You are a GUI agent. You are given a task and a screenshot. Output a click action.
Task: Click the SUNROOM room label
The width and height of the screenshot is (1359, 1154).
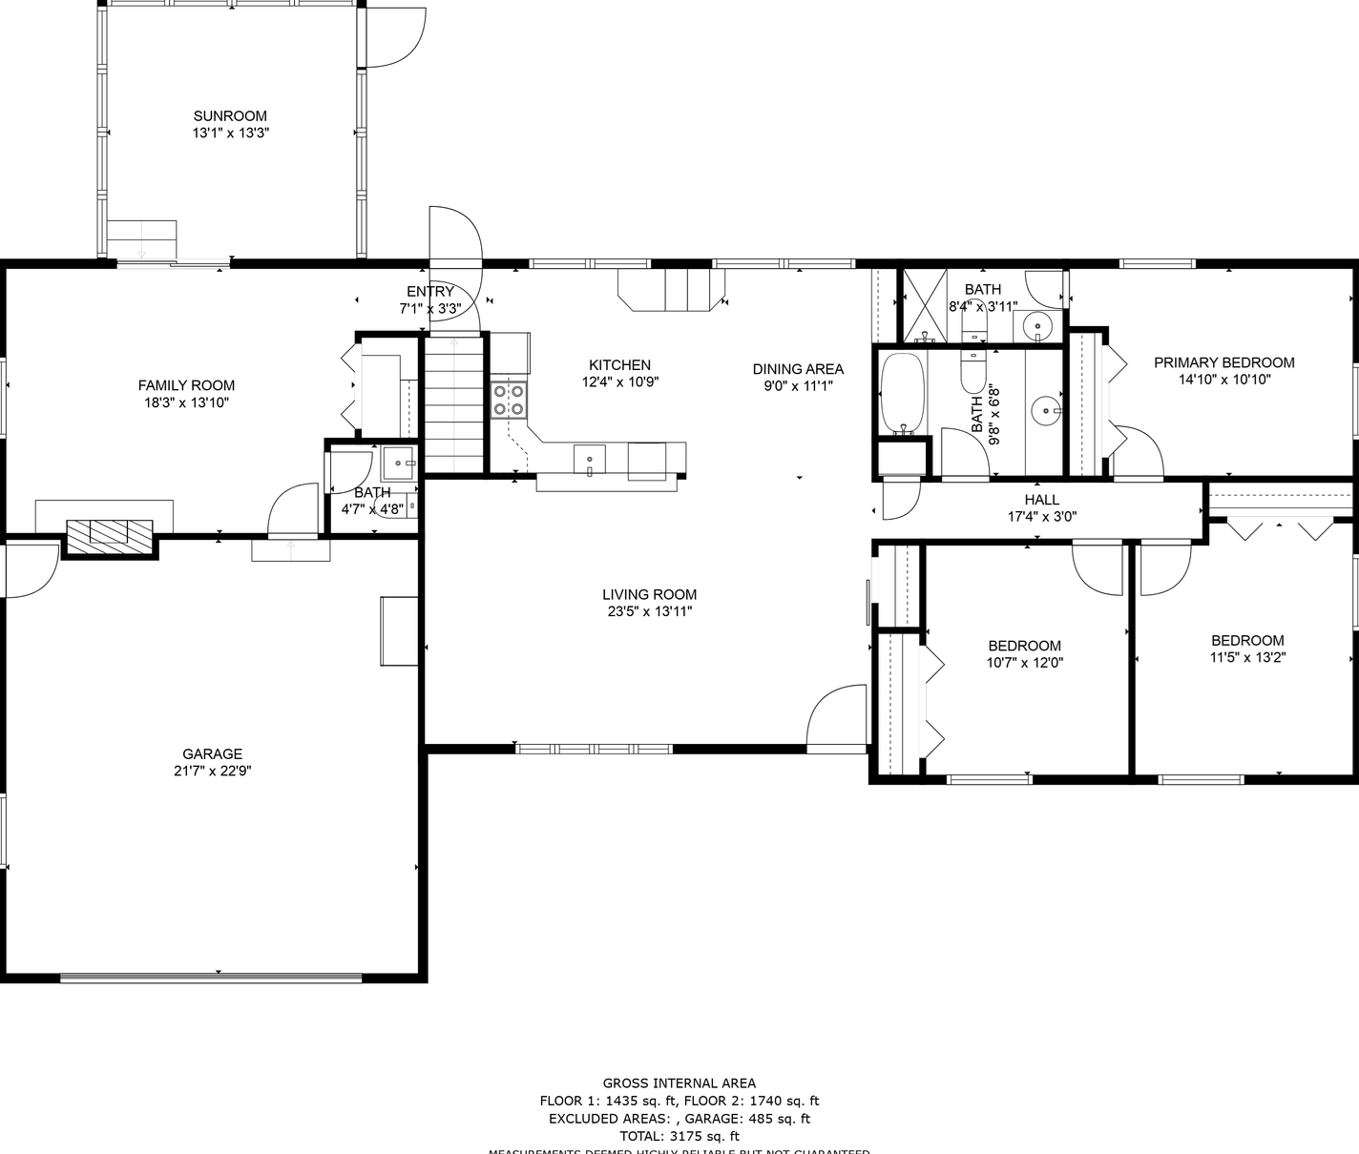tap(230, 116)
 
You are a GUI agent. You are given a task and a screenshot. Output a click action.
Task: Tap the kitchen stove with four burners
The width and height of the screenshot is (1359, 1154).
tap(509, 401)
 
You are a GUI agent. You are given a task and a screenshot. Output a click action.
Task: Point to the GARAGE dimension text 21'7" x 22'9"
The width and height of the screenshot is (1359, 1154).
tap(212, 771)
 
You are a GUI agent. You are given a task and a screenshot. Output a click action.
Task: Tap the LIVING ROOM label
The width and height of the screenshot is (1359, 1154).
tap(649, 594)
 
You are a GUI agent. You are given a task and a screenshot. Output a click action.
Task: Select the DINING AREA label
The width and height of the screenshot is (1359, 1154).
tap(798, 369)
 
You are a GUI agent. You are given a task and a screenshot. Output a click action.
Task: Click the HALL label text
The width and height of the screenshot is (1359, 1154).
tap(1041, 500)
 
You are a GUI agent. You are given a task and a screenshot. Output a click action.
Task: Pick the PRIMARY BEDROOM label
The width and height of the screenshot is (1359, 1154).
tap(1223, 362)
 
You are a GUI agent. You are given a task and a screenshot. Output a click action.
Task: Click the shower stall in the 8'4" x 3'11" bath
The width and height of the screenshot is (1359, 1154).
tap(924, 306)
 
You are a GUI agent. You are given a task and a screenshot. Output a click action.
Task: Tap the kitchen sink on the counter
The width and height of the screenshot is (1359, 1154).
tap(589, 459)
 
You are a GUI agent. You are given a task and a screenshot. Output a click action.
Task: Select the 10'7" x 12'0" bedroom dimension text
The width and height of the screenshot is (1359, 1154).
tap(1024, 663)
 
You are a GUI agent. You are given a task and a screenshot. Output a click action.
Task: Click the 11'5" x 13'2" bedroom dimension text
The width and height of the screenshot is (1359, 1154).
tap(1247, 657)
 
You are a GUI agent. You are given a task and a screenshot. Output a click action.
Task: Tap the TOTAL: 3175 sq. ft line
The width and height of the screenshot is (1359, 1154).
tap(679, 1136)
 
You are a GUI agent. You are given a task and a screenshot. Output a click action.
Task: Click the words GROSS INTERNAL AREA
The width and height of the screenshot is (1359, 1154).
tap(679, 1082)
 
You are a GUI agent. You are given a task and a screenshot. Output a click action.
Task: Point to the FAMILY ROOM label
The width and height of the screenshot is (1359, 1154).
tap(186, 385)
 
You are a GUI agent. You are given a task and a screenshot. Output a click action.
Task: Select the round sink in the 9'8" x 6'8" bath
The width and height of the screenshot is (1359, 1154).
tap(1047, 411)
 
